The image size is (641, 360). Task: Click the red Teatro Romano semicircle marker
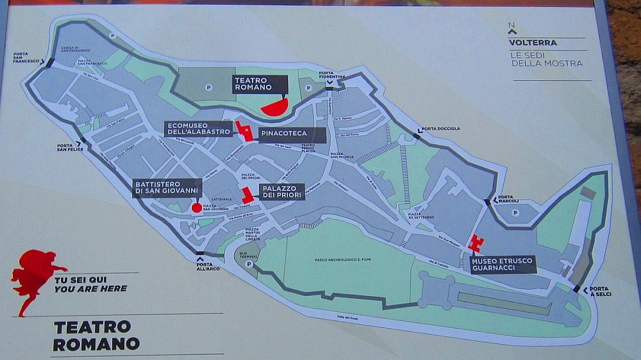(x=275, y=106)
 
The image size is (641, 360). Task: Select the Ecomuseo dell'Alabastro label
(x=198, y=128)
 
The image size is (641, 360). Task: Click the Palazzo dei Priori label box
(x=281, y=192)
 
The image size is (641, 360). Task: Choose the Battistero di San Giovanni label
(x=167, y=188)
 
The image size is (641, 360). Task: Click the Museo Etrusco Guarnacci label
(x=503, y=265)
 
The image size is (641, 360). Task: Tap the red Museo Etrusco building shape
(x=476, y=243)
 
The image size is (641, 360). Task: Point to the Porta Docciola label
(x=441, y=129)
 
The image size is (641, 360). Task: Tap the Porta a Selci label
(x=600, y=291)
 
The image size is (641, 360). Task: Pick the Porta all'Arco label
(x=204, y=267)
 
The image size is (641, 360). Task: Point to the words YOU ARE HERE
(x=90, y=289)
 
